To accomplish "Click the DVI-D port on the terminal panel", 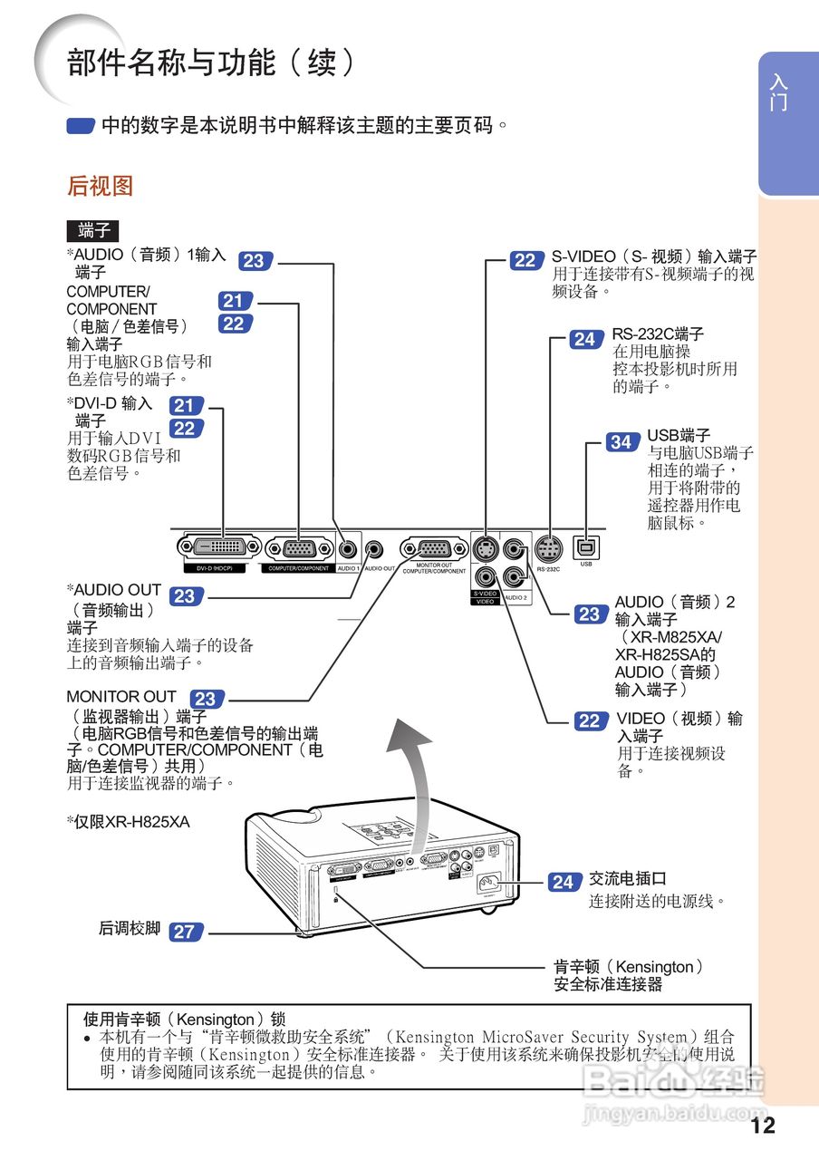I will click(x=219, y=547).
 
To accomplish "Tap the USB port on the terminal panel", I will click(x=586, y=547).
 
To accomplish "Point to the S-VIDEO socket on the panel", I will click(x=485, y=548).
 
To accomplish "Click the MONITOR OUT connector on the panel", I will click(x=434, y=548).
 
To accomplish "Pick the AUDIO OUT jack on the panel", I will click(x=373, y=548).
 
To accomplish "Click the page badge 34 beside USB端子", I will click(x=621, y=442).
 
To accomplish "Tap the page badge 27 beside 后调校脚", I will click(x=184, y=931).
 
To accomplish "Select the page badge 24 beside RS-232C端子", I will click(x=584, y=340).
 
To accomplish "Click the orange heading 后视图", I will click(x=100, y=187).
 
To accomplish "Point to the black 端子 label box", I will click(x=93, y=230).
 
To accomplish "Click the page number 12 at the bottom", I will click(x=763, y=1126).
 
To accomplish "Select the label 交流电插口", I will click(x=628, y=879).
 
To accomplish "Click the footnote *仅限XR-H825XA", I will click(x=128, y=822).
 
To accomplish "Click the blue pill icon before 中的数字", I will click(x=81, y=126).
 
